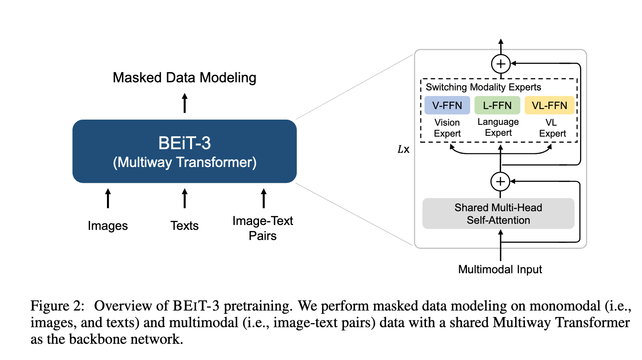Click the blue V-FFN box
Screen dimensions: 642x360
pyautogui.click(x=447, y=105)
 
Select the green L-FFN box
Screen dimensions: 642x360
pyautogui.click(x=497, y=105)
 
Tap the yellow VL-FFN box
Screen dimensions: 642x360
pyautogui.click(x=550, y=105)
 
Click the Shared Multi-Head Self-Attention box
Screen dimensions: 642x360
pyautogui.click(x=499, y=214)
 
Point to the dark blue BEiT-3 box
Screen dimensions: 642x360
pyautogui.click(x=184, y=151)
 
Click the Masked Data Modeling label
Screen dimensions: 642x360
pyautogui.click(x=184, y=78)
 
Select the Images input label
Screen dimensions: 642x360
pyautogui.click(x=108, y=226)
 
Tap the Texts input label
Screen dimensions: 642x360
pyautogui.click(x=184, y=225)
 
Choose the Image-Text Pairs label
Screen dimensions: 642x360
pyautogui.click(x=263, y=228)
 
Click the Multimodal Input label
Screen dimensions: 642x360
pyautogui.click(x=500, y=270)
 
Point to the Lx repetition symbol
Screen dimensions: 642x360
pyautogui.click(x=404, y=149)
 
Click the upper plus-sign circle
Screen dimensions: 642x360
pyautogui.click(x=501, y=64)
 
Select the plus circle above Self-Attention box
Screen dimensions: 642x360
pyautogui.click(x=500, y=182)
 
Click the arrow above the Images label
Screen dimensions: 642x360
pyautogui.click(x=108, y=198)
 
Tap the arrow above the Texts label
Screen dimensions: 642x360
pyautogui.click(x=184, y=198)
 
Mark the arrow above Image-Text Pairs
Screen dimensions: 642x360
pyautogui.click(x=264, y=198)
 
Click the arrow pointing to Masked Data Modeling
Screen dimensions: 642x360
pyautogui.click(x=184, y=103)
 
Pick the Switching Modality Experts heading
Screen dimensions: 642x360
pyautogui.click(x=483, y=87)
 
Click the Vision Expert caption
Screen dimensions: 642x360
pyautogui.click(x=447, y=128)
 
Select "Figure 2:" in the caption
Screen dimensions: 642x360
pyautogui.click(x=57, y=306)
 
